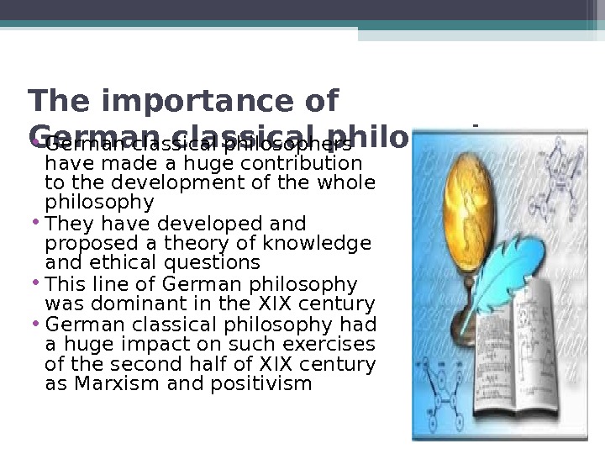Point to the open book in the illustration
504,362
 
